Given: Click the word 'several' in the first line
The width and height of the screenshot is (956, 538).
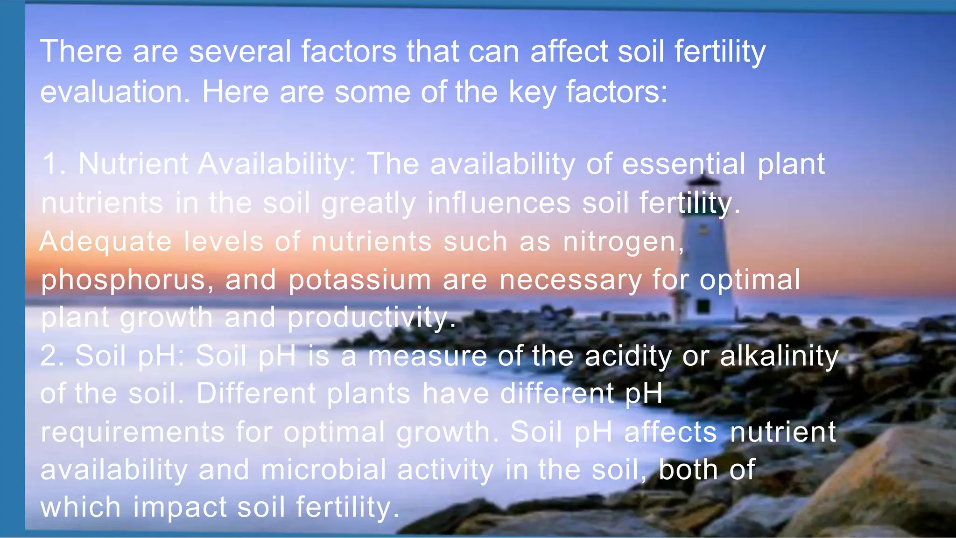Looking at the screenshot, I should tap(239, 51).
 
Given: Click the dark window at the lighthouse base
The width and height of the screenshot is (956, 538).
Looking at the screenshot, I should tap(703, 306).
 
